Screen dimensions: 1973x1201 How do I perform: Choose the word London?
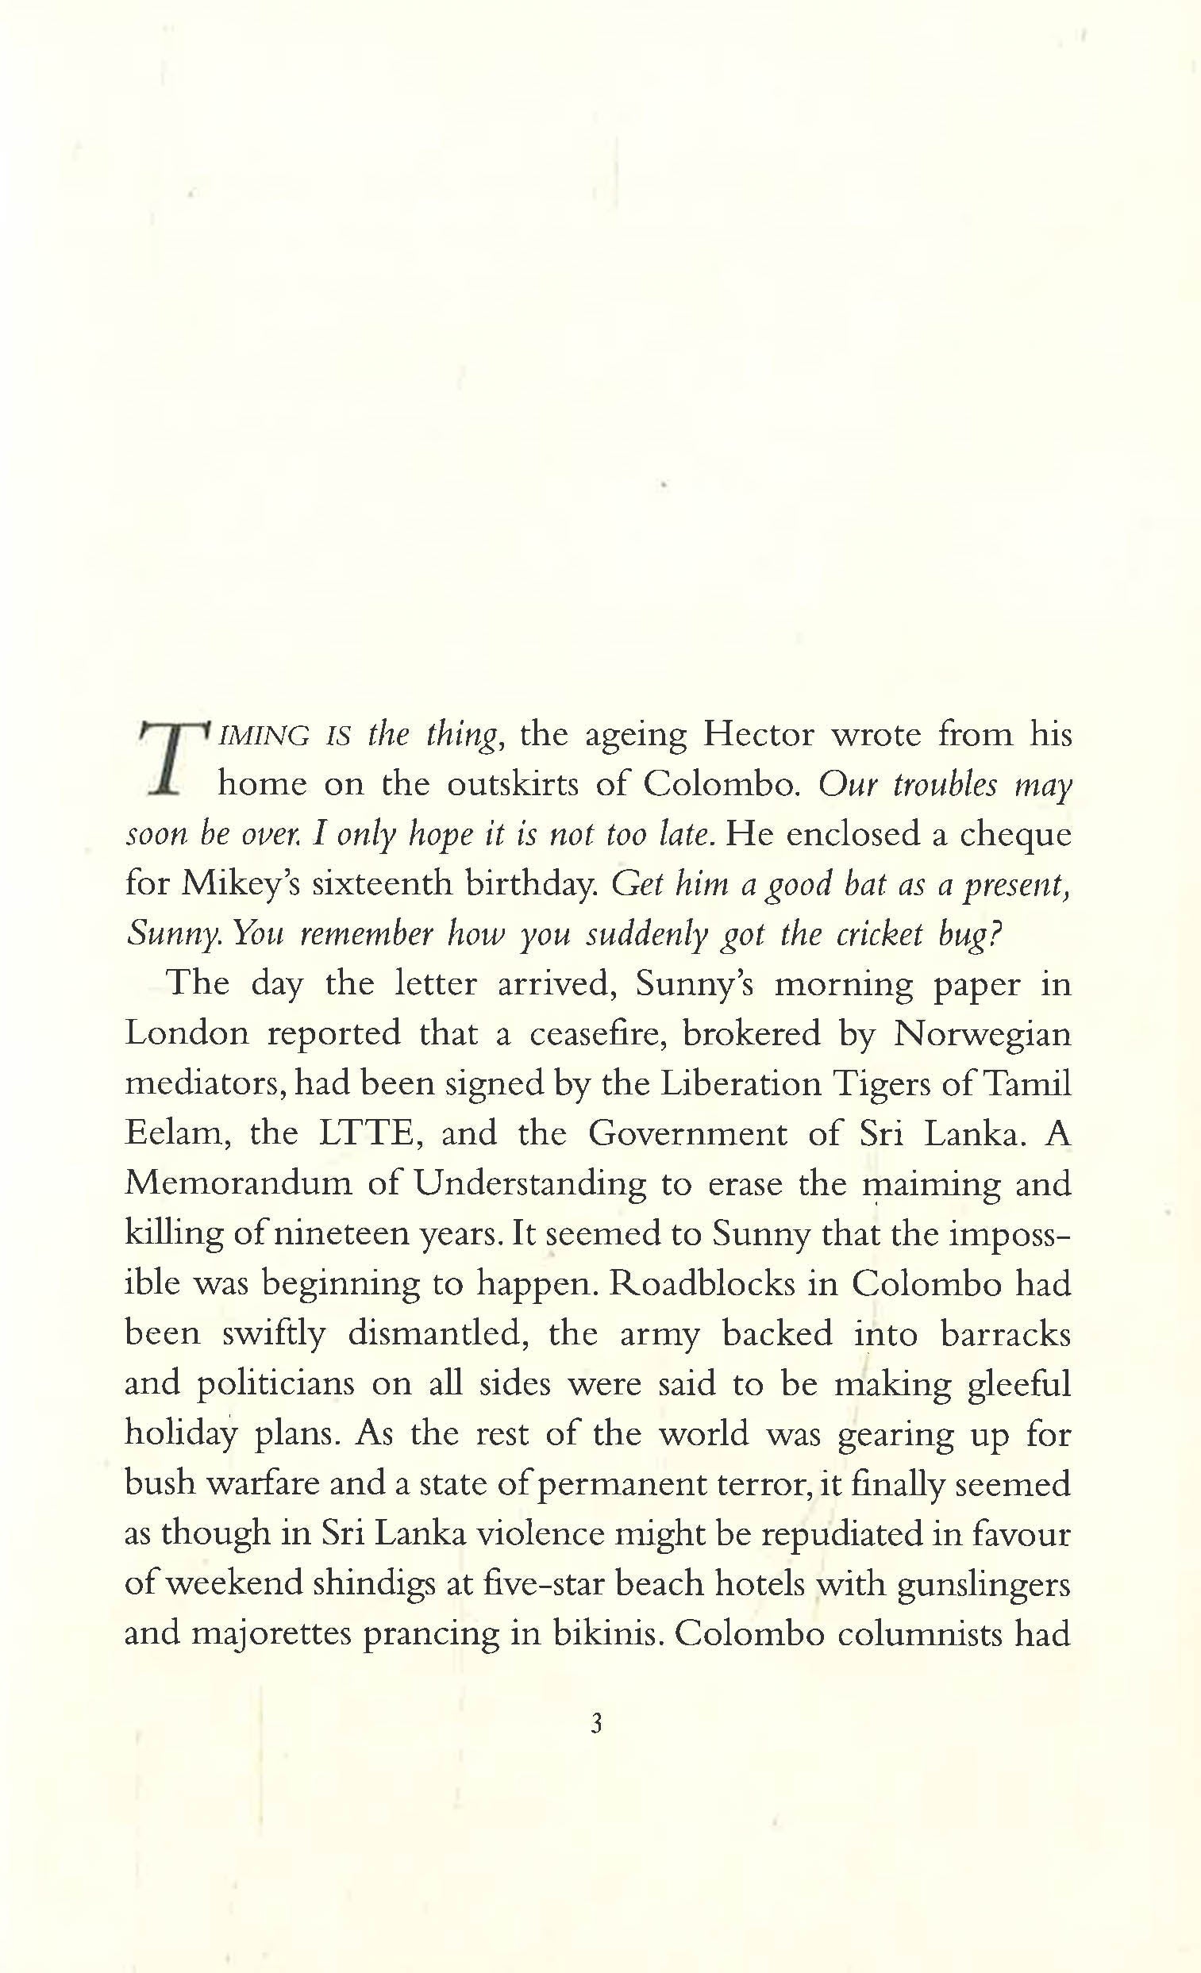[187, 1034]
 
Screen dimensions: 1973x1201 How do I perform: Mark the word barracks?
[1005, 1333]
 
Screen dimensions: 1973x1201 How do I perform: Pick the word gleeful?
[1018, 1384]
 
